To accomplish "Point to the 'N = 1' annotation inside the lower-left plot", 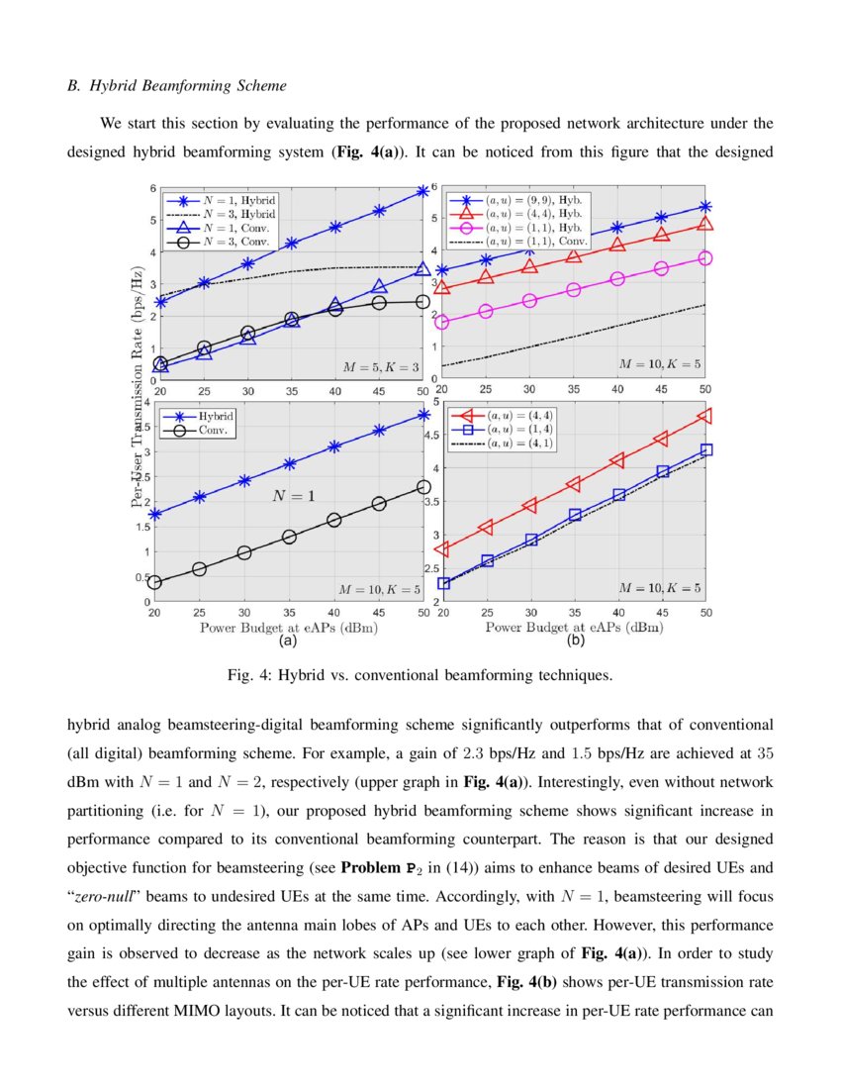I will pyautogui.click(x=293, y=496).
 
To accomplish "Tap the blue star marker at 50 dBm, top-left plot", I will pyautogui.click(x=422, y=190).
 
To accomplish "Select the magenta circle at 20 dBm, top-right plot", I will pyautogui.click(x=442, y=322).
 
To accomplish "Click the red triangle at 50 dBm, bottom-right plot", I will pyautogui.click(x=705, y=416).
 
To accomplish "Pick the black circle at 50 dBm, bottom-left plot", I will pyautogui.click(x=422, y=486).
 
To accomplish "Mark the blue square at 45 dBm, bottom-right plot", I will pyautogui.click(x=663, y=471).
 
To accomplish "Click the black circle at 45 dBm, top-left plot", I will pyautogui.click(x=379, y=303).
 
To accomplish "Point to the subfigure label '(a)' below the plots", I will pyautogui.click(x=288, y=642).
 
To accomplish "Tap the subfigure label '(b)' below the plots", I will pyautogui.click(x=575, y=642).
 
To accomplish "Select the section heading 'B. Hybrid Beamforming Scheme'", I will pyautogui.click(x=177, y=86).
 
